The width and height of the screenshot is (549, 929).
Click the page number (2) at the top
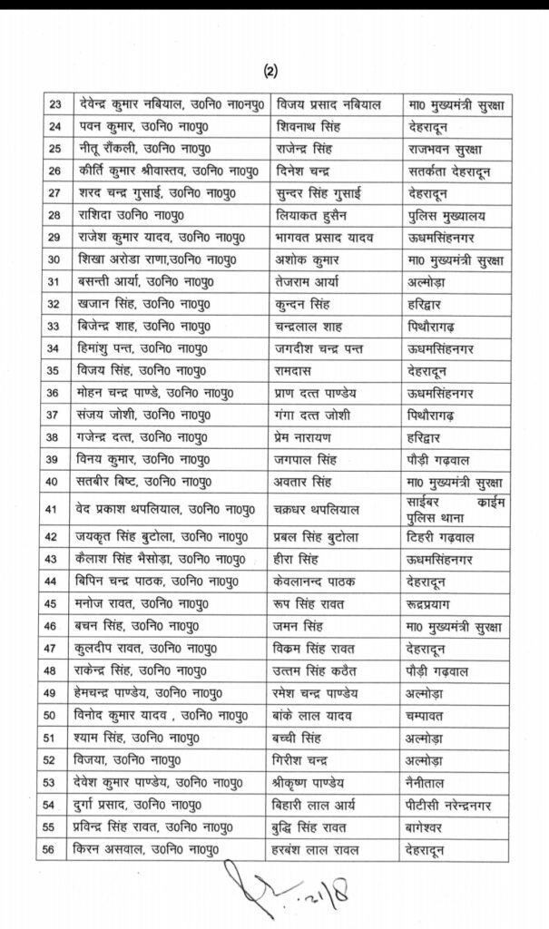(271, 70)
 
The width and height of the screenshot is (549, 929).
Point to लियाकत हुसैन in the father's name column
(319, 215)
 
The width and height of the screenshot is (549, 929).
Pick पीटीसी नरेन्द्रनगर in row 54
(462, 805)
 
